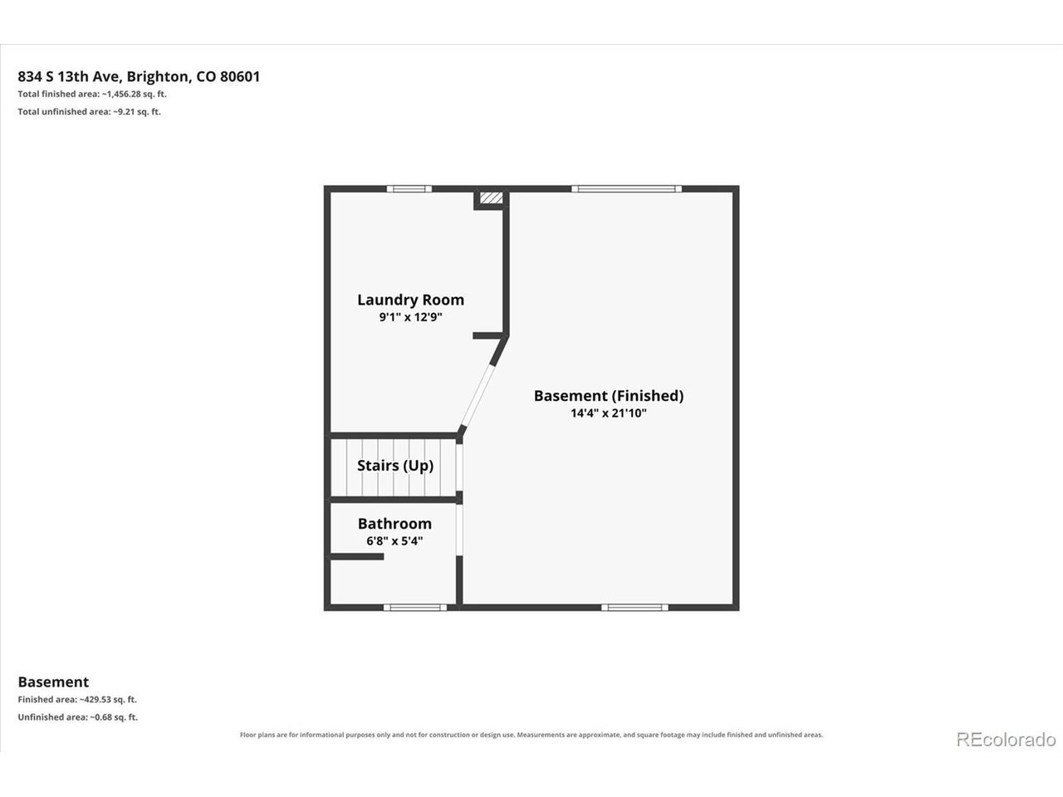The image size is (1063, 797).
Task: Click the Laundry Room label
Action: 411,300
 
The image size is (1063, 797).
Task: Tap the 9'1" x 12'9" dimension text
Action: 411,317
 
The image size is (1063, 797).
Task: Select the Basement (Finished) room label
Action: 609,396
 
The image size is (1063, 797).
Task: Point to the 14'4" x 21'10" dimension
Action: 609,413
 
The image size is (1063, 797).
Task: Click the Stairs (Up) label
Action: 395,466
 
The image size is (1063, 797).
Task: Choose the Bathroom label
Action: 394,524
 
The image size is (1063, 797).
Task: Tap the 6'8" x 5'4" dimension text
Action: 394,541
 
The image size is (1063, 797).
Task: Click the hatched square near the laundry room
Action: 491,198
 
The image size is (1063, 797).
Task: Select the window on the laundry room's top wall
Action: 409,188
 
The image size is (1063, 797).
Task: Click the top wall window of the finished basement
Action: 627,188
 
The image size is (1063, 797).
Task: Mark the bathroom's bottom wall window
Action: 415,608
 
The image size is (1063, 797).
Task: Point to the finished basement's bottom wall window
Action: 635,608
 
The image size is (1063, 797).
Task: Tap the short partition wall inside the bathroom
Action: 357,556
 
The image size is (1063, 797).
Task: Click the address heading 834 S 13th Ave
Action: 139,76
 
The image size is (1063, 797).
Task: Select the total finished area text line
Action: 92,94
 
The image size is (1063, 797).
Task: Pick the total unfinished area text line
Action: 89,111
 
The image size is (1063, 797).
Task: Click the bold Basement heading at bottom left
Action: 53,682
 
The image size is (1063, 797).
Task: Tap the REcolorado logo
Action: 1006,739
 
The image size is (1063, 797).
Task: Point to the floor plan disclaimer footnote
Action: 531,735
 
